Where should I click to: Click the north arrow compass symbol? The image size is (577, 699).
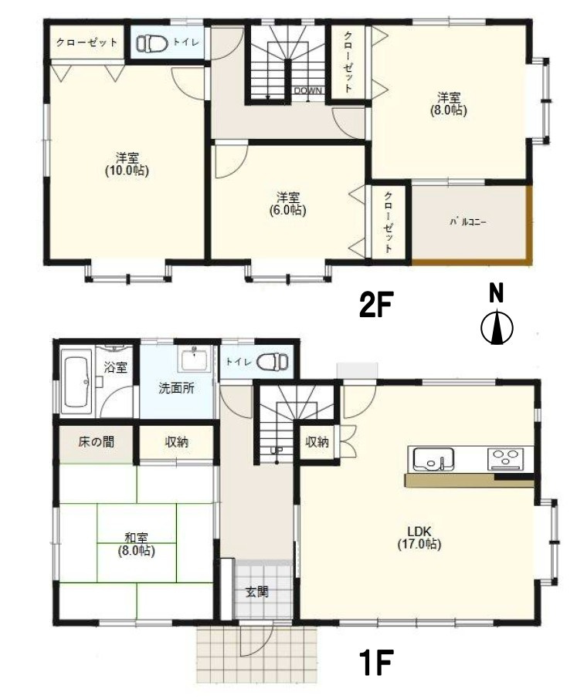coord(496,328)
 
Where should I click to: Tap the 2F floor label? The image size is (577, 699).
coord(375,305)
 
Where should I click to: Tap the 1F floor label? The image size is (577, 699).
coord(375,663)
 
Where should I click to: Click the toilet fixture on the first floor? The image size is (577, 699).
coord(273,360)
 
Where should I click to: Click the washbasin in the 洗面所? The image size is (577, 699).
coord(195,360)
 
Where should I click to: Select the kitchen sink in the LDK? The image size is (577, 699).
coord(433,459)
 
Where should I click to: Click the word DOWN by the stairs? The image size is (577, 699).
coord(307,90)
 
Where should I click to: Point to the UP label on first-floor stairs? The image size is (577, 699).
coord(277,450)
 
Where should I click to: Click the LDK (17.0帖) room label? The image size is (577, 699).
coord(419,538)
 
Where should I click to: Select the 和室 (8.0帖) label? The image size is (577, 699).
coord(137,545)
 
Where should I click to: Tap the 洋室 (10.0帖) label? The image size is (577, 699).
coord(127,164)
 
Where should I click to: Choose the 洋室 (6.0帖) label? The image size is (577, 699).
coord(287,204)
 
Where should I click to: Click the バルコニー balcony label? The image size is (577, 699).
coord(467,221)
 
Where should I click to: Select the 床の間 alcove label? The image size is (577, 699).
coord(96,442)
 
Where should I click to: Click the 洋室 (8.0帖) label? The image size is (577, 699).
coord(449,103)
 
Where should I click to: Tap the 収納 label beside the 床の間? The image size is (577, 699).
coord(177,442)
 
